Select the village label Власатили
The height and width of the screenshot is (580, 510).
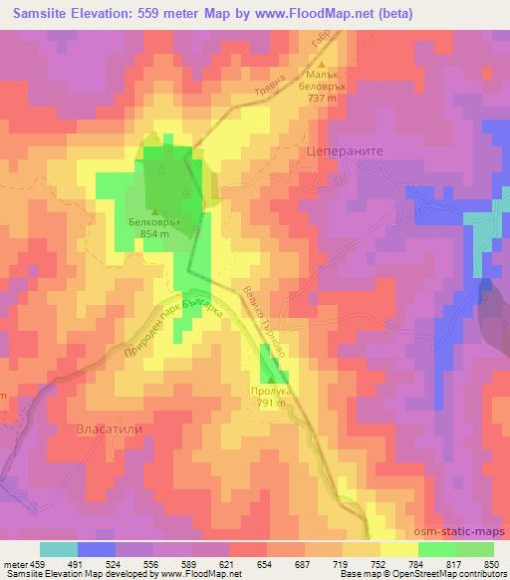[x=105, y=429]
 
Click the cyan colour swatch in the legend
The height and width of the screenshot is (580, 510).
[x=59, y=549]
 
